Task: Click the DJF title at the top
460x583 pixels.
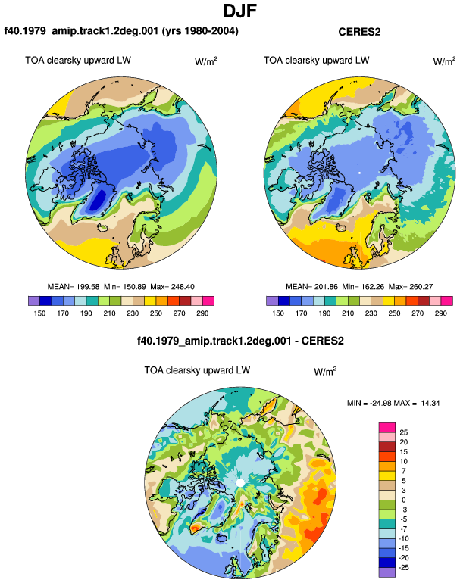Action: pos(240,11)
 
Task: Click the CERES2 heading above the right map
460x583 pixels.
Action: pos(359,32)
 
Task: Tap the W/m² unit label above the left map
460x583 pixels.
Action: pos(206,61)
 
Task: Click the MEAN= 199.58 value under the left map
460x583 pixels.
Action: pos(74,287)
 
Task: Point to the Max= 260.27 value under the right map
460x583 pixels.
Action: pos(411,287)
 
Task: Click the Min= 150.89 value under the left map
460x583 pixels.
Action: pos(125,287)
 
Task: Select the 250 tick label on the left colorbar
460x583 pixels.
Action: pos(155,313)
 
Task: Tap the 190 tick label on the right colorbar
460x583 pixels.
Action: pos(324,313)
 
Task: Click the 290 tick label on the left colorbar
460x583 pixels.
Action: pos(202,313)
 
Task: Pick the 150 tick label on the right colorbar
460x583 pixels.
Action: pos(278,313)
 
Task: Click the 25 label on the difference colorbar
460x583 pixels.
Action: pos(404,432)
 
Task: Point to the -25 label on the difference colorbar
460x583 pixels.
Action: pos(403,568)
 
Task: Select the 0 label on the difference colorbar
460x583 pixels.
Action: pos(404,500)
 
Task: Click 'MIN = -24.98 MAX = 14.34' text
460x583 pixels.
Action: pos(393,403)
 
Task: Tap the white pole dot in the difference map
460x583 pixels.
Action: pos(240,482)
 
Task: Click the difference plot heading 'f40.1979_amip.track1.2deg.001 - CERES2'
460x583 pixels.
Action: pos(240,341)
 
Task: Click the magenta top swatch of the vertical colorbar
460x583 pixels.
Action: pos(387,427)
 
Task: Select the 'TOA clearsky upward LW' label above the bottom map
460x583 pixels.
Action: pos(197,371)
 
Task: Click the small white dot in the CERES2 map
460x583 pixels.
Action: pos(359,173)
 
